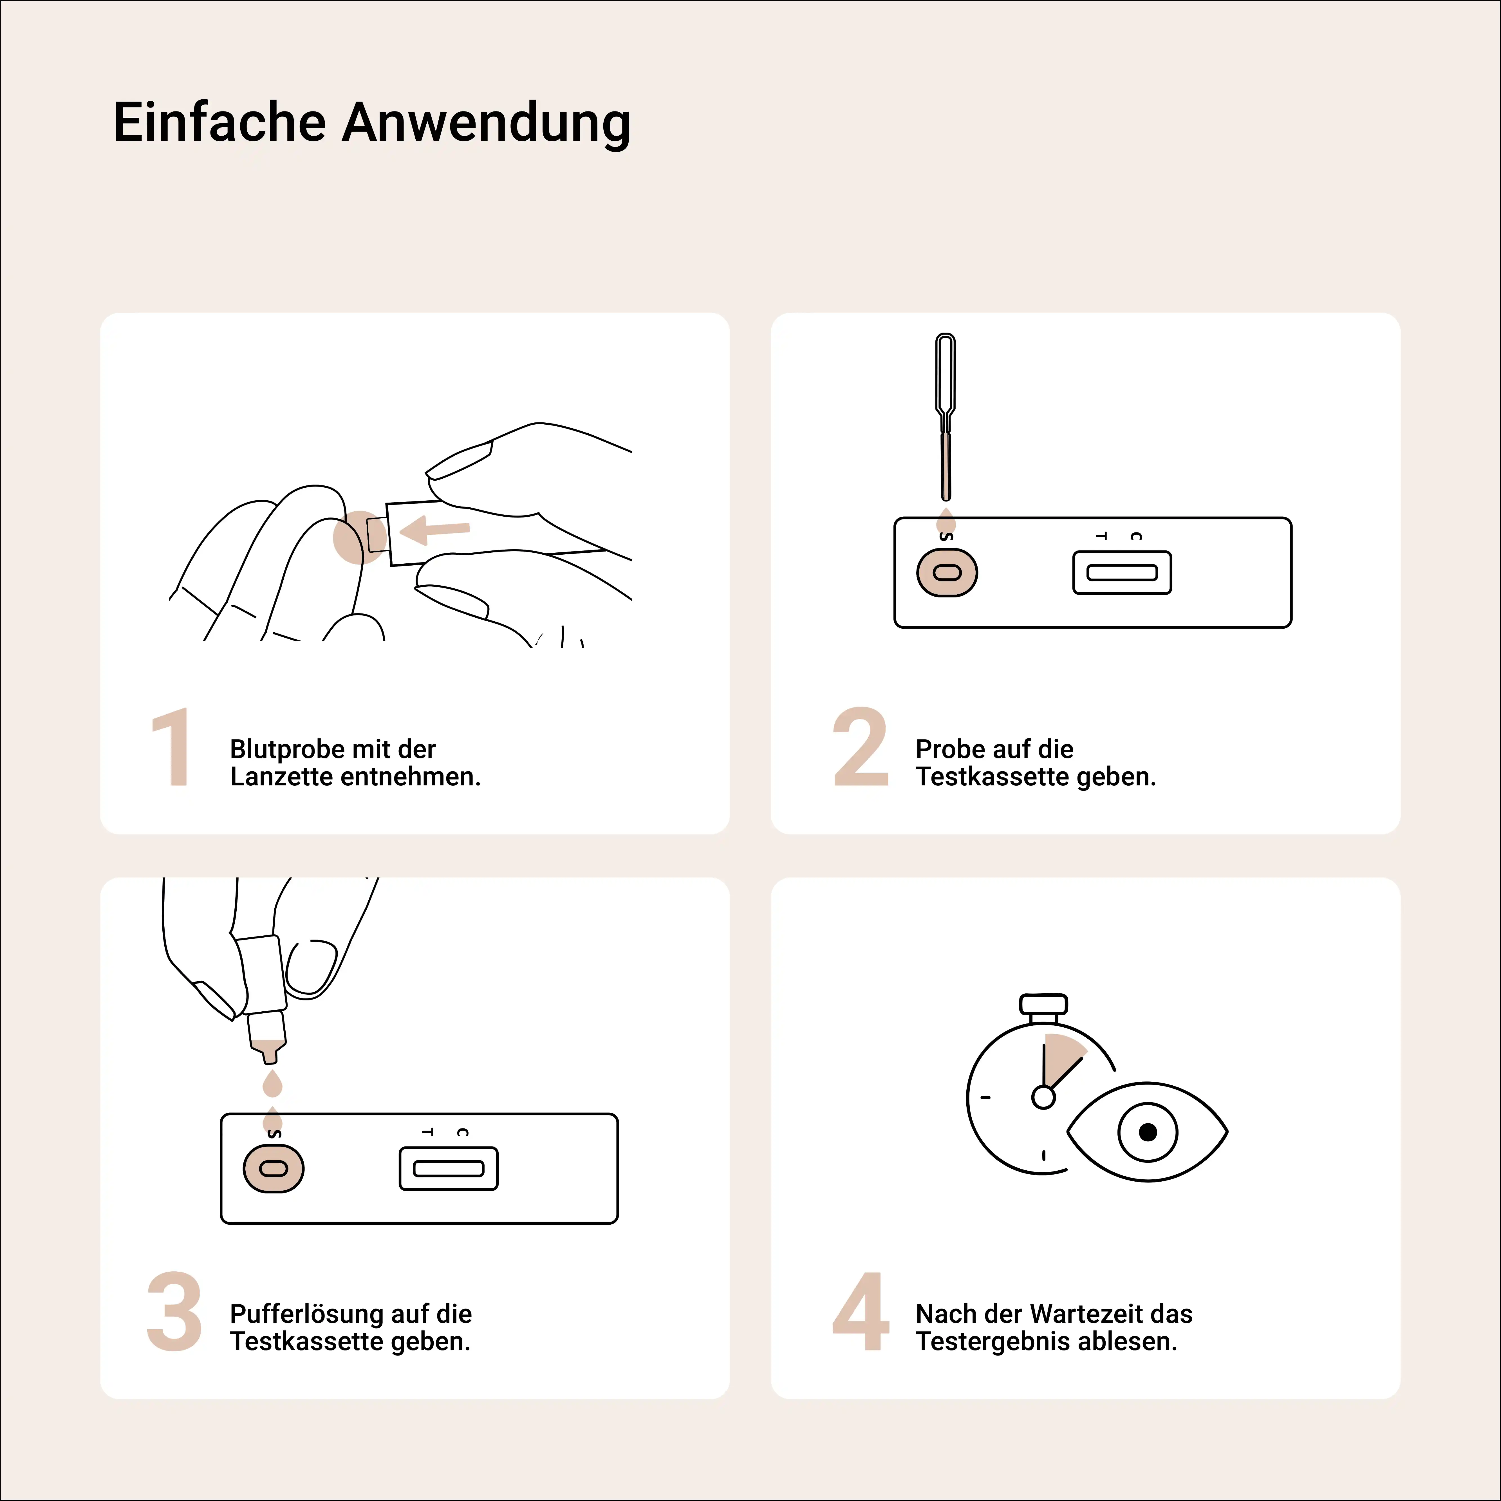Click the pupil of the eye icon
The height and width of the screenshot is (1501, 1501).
pyautogui.click(x=1148, y=1132)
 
